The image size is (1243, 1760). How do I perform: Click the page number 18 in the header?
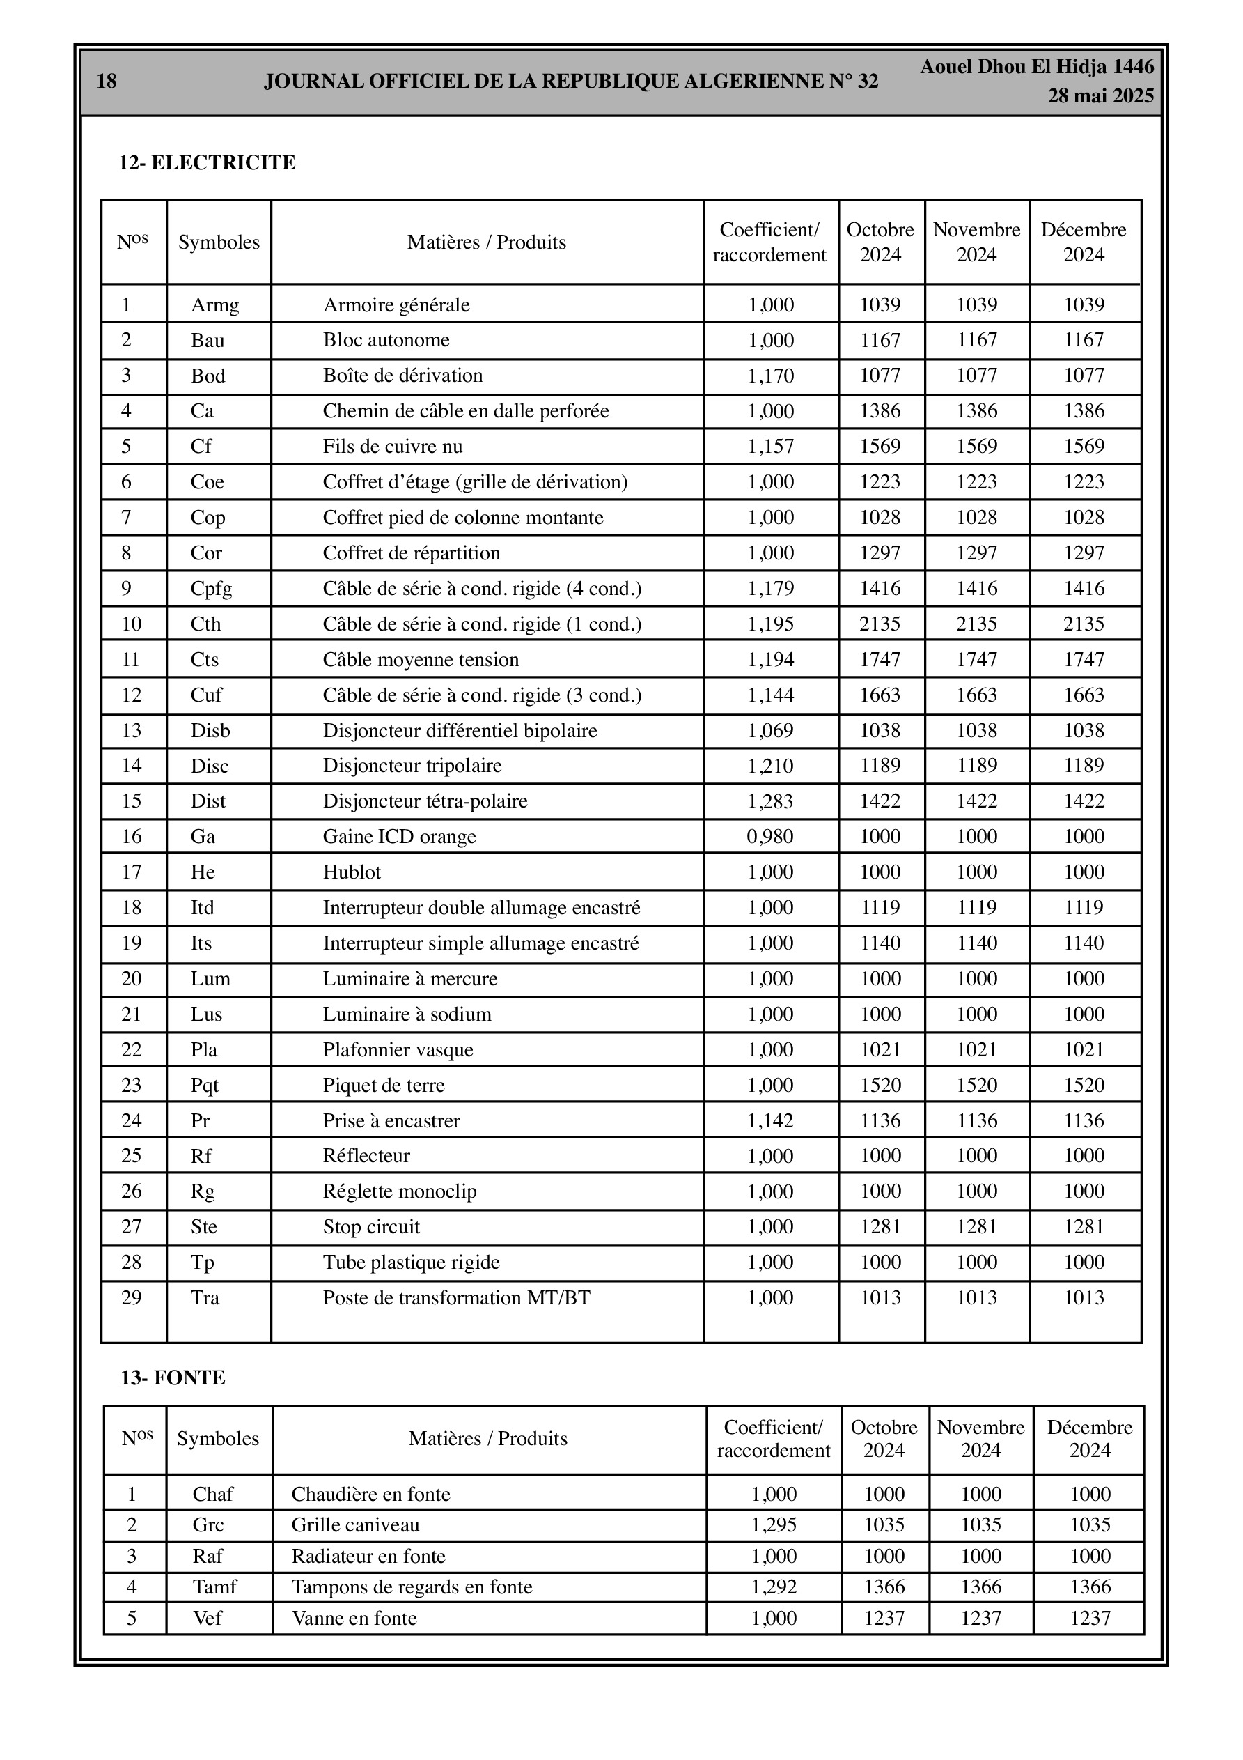(x=107, y=82)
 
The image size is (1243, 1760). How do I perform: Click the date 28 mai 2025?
(x=1100, y=96)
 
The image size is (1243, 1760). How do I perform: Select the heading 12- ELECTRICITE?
(x=207, y=162)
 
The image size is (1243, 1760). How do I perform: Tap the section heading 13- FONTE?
(x=173, y=1377)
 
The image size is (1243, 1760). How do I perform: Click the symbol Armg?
(x=214, y=305)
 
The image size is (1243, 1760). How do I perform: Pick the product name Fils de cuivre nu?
(x=392, y=446)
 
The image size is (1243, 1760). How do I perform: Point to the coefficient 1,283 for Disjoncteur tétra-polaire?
(x=771, y=801)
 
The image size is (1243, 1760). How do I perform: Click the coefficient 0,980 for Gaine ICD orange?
(x=770, y=836)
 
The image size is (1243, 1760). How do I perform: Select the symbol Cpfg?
(x=212, y=589)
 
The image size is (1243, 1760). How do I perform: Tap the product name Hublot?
(x=352, y=872)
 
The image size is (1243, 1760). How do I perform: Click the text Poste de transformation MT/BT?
(x=457, y=1298)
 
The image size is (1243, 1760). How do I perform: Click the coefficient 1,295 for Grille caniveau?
(x=774, y=1524)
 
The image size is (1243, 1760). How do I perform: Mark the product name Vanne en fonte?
(x=354, y=1618)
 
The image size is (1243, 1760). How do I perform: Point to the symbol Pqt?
(x=205, y=1086)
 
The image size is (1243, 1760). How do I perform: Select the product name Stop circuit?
(x=371, y=1227)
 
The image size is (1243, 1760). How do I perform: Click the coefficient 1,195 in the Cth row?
(x=771, y=624)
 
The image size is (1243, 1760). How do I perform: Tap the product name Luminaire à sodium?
(x=407, y=1014)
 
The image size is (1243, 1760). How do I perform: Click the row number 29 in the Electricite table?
(x=132, y=1298)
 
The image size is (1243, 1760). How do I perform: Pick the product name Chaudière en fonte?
(x=371, y=1494)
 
